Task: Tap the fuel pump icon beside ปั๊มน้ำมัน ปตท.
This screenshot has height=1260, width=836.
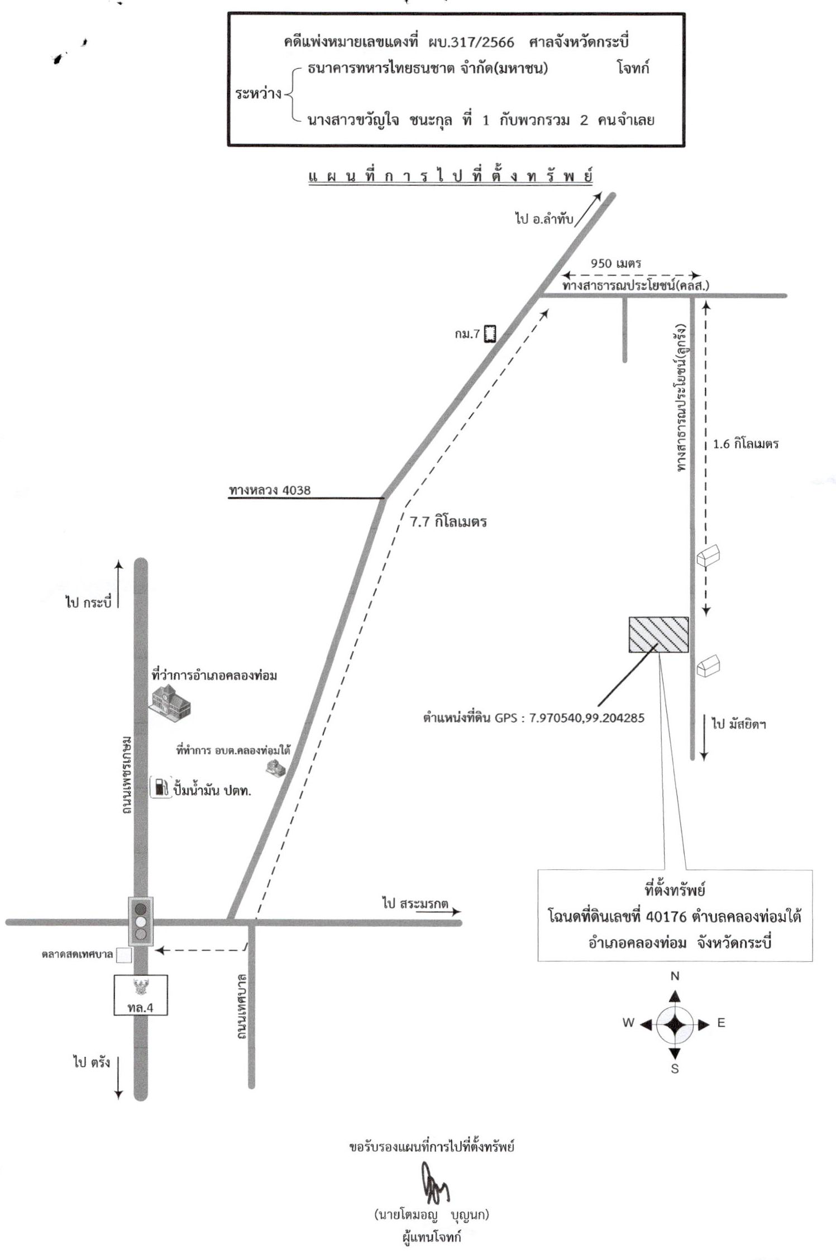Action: [x=161, y=787]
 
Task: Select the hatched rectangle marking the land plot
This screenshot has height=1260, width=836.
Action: [x=658, y=635]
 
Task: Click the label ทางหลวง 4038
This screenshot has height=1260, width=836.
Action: [x=270, y=490]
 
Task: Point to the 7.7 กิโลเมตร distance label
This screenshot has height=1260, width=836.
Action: [x=448, y=522]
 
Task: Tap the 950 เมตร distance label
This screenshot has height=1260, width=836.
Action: [x=616, y=263]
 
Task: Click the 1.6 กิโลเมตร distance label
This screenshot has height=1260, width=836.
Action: [x=746, y=444]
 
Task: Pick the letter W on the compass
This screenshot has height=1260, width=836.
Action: [x=629, y=1023]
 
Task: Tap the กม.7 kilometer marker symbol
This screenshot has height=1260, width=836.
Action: [x=490, y=334]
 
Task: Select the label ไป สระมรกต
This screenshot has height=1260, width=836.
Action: [x=415, y=903]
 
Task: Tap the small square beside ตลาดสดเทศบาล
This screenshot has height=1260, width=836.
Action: [x=124, y=955]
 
